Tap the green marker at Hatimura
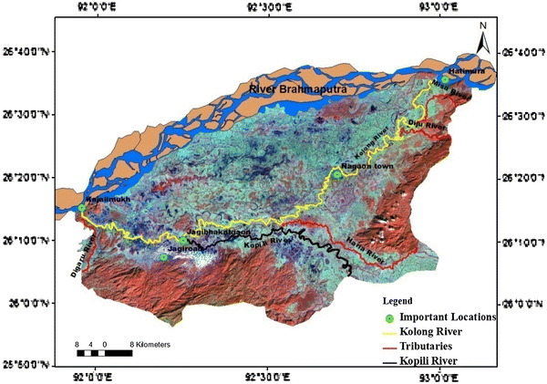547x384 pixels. point(445,80)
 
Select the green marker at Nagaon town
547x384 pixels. point(336,174)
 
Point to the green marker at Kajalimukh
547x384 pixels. point(81,208)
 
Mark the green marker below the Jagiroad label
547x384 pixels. point(163,257)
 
